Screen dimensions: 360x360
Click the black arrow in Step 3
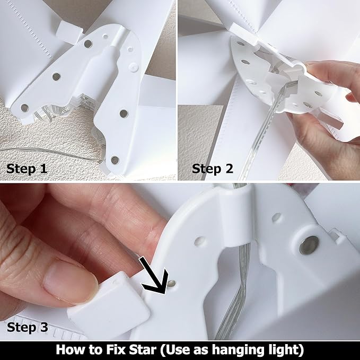153,276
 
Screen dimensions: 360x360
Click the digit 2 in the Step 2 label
229,168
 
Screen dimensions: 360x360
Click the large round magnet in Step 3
309,245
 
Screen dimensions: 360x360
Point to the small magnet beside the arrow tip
171,284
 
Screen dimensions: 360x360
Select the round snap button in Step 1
134,67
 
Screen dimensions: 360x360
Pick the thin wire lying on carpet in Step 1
53,153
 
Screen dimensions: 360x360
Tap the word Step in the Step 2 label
206,169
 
